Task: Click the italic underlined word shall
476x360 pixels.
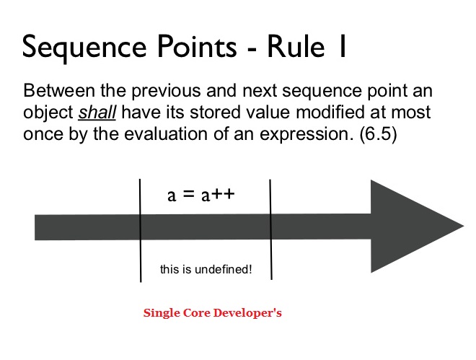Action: coord(97,113)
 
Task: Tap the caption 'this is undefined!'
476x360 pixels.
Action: coord(206,270)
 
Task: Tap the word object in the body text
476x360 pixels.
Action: coord(48,113)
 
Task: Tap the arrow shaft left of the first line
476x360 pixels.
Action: coord(87,227)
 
